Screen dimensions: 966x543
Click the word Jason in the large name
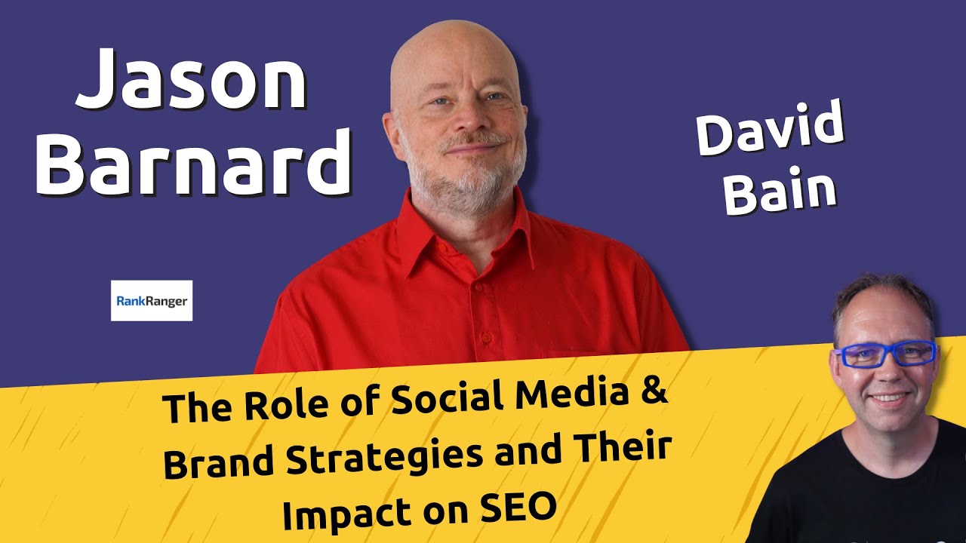click(x=192, y=80)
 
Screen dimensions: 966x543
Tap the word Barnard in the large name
click(x=193, y=164)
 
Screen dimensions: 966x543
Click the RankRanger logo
click(x=152, y=301)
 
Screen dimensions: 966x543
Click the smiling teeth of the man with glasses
click(x=889, y=397)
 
